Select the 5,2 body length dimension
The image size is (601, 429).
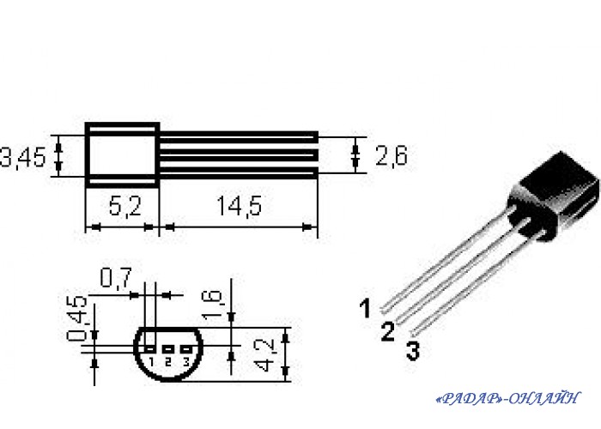coord(124,206)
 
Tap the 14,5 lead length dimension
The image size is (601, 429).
coord(239,206)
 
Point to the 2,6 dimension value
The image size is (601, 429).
coord(391,155)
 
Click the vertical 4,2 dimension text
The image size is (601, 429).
coord(267,354)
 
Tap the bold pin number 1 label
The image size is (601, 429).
coord(366,307)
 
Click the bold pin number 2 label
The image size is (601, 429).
coord(388,331)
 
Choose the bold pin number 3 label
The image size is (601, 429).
coord(413,350)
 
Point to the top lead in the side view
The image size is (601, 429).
coord(239,135)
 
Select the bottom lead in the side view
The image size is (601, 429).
coord(239,174)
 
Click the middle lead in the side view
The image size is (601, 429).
coord(239,154)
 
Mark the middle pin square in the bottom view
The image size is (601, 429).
coord(168,349)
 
